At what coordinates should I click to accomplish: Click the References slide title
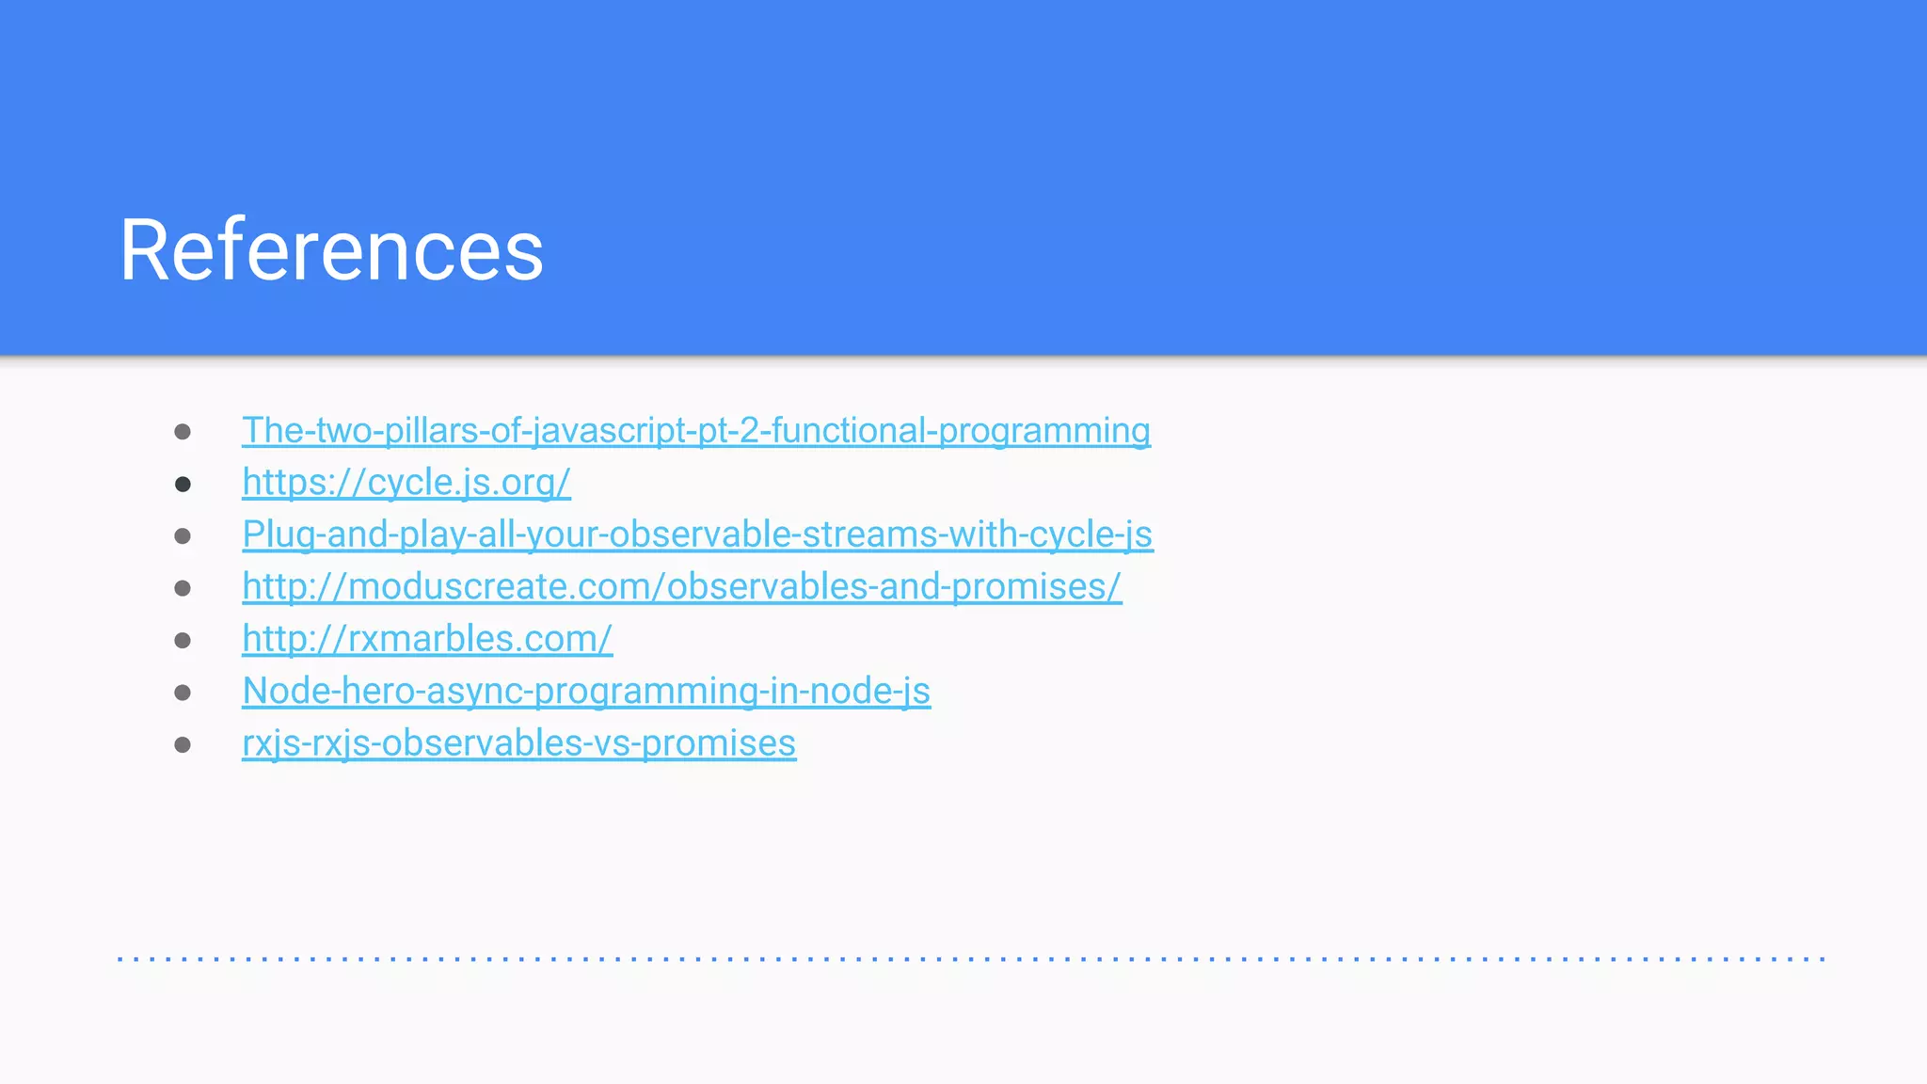(x=331, y=249)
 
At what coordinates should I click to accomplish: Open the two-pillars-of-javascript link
(x=695, y=431)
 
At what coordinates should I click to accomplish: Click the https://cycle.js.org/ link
(x=406, y=483)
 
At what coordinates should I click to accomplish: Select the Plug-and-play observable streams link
(x=697, y=534)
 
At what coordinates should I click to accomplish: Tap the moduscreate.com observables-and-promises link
(x=681, y=587)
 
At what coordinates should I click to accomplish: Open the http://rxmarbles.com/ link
(x=427, y=639)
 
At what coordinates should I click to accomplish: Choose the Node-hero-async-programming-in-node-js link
(x=585, y=692)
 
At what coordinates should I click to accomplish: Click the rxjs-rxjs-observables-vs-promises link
(x=518, y=743)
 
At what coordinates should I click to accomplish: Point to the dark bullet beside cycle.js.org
(x=183, y=484)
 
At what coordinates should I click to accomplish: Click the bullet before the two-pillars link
(x=183, y=432)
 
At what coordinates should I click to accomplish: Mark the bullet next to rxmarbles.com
(x=183, y=641)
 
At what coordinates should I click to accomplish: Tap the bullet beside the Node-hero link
(x=183, y=693)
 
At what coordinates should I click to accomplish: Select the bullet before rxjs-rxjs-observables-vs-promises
(x=183, y=745)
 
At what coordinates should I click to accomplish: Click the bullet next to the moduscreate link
(x=183, y=588)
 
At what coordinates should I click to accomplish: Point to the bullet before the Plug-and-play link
(x=183, y=536)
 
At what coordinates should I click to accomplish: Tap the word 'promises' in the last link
(x=719, y=743)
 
